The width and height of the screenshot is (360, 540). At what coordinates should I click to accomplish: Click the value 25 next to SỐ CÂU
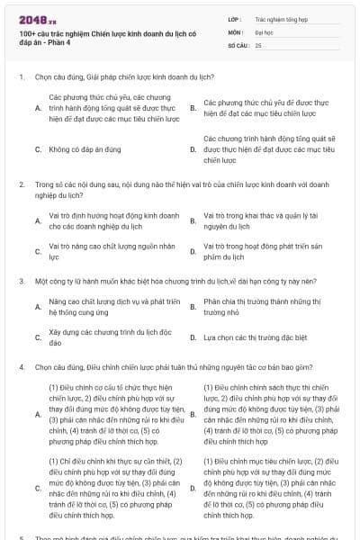258,44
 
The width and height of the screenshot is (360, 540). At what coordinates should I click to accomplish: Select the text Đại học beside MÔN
265,31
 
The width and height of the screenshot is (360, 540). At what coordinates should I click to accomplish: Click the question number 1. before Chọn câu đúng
21,77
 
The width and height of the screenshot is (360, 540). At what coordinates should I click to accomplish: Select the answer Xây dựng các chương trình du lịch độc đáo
109,337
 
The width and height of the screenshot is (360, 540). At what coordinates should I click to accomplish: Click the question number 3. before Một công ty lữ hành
21,281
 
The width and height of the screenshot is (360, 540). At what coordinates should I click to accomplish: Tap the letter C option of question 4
38,488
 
